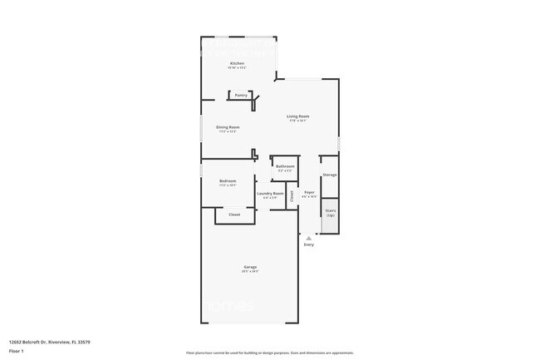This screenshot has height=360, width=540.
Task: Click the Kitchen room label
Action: tap(237, 63)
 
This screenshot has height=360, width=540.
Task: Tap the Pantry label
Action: tap(240, 95)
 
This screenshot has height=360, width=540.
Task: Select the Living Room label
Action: tap(298, 116)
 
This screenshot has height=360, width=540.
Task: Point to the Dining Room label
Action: tap(228, 126)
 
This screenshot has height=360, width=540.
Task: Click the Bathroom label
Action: tap(285, 166)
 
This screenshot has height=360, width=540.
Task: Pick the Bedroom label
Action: tap(228, 180)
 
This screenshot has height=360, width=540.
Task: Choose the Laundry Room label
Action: tap(270, 193)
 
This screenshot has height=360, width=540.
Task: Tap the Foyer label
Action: tap(308, 192)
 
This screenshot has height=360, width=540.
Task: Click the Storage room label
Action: tap(329, 175)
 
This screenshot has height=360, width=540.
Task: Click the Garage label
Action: tap(250, 266)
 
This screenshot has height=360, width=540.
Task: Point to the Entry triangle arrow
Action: tap(309, 238)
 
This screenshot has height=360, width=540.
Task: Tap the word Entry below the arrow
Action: tap(309, 245)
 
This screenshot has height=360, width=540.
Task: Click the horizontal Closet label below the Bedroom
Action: tap(235, 215)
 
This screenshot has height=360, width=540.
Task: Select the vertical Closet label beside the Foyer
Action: tap(292, 196)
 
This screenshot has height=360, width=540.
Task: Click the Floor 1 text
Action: tap(17, 351)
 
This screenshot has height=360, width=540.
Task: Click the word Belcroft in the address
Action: tap(31, 341)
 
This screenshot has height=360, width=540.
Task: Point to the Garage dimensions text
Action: tap(250, 271)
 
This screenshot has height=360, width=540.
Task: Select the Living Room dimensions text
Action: tap(298, 121)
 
